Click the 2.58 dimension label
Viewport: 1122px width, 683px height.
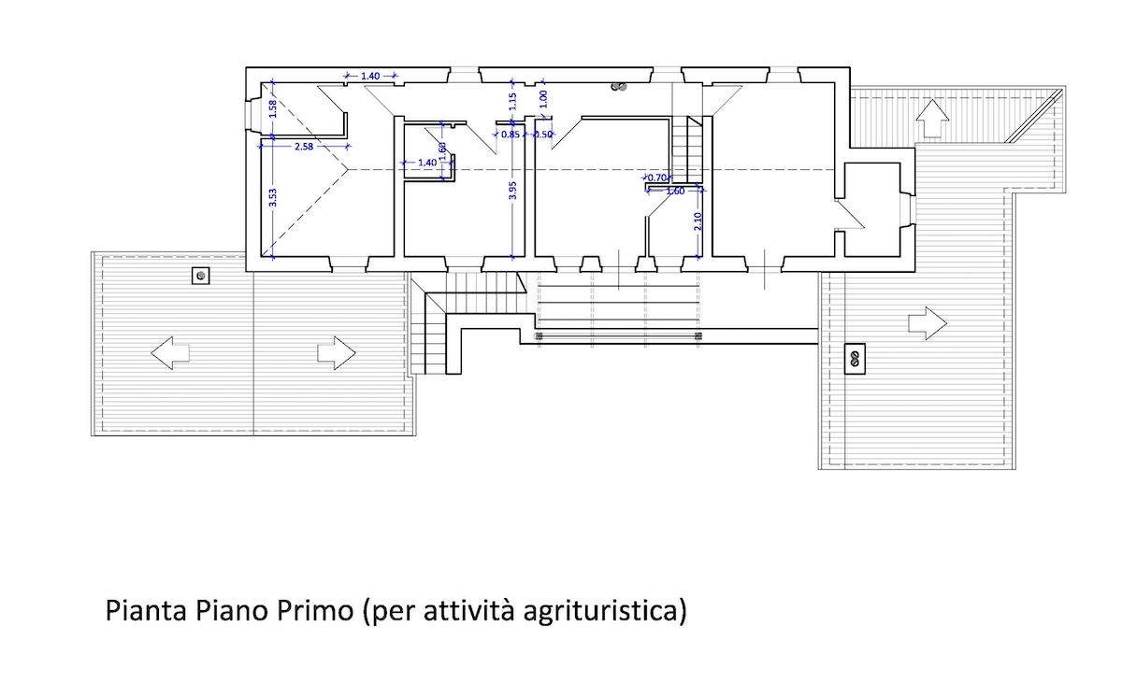(304, 147)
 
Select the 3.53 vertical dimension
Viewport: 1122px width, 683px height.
(273, 198)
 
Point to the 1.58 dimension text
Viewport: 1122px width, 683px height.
(272, 109)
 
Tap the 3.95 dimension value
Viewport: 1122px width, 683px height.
(512, 191)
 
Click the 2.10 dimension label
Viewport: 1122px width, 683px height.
(698, 221)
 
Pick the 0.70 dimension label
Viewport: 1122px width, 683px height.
(656, 178)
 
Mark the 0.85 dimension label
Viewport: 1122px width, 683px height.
(511, 135)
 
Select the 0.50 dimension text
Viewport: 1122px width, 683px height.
(542, 135)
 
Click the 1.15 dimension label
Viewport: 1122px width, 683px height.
(512, 102)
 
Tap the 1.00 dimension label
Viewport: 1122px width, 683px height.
(544, 99)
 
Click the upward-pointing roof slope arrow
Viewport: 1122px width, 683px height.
(932, 118)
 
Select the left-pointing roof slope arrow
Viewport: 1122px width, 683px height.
(170, 353)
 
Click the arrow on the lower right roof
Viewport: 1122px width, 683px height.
(928, 323)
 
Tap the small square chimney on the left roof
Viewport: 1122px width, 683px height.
(201, 276)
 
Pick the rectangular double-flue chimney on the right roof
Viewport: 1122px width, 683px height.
(855, 358)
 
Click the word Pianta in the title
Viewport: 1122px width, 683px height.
(146, 610)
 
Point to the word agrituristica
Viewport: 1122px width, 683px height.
(600, 611)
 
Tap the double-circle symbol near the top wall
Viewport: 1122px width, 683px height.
(619, 87)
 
